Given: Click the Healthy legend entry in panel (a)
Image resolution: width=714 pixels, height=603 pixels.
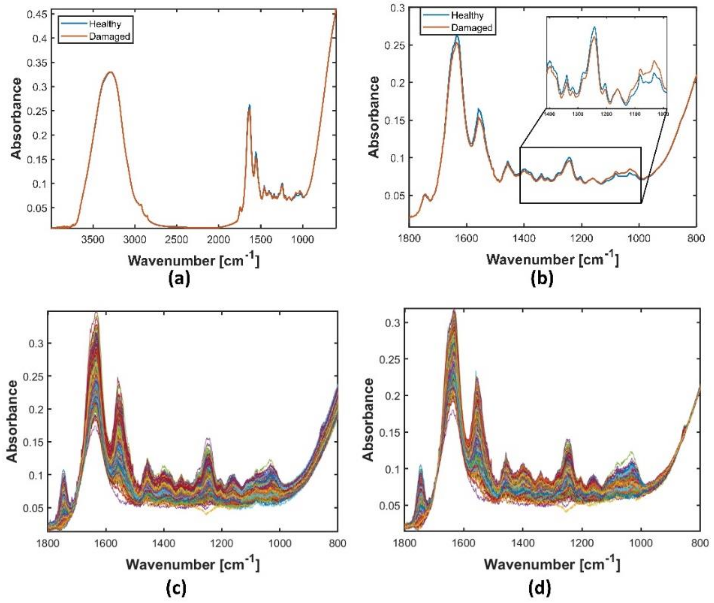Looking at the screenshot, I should click(105, 24).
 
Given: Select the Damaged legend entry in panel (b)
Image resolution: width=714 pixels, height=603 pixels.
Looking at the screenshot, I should click(472, 28).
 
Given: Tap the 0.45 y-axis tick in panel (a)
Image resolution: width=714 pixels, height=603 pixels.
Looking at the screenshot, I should click(40, 14).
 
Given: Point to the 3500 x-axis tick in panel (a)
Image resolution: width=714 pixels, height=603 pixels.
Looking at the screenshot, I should click(92, 239).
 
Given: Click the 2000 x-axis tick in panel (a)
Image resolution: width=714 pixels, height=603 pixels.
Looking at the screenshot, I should click(218, 239).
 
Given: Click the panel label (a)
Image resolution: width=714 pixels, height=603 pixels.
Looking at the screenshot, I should click(179, 279).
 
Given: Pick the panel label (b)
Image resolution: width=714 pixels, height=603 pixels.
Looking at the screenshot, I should click(541, 279).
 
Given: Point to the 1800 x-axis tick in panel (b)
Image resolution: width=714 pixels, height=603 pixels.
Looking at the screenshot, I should click(409, 238).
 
